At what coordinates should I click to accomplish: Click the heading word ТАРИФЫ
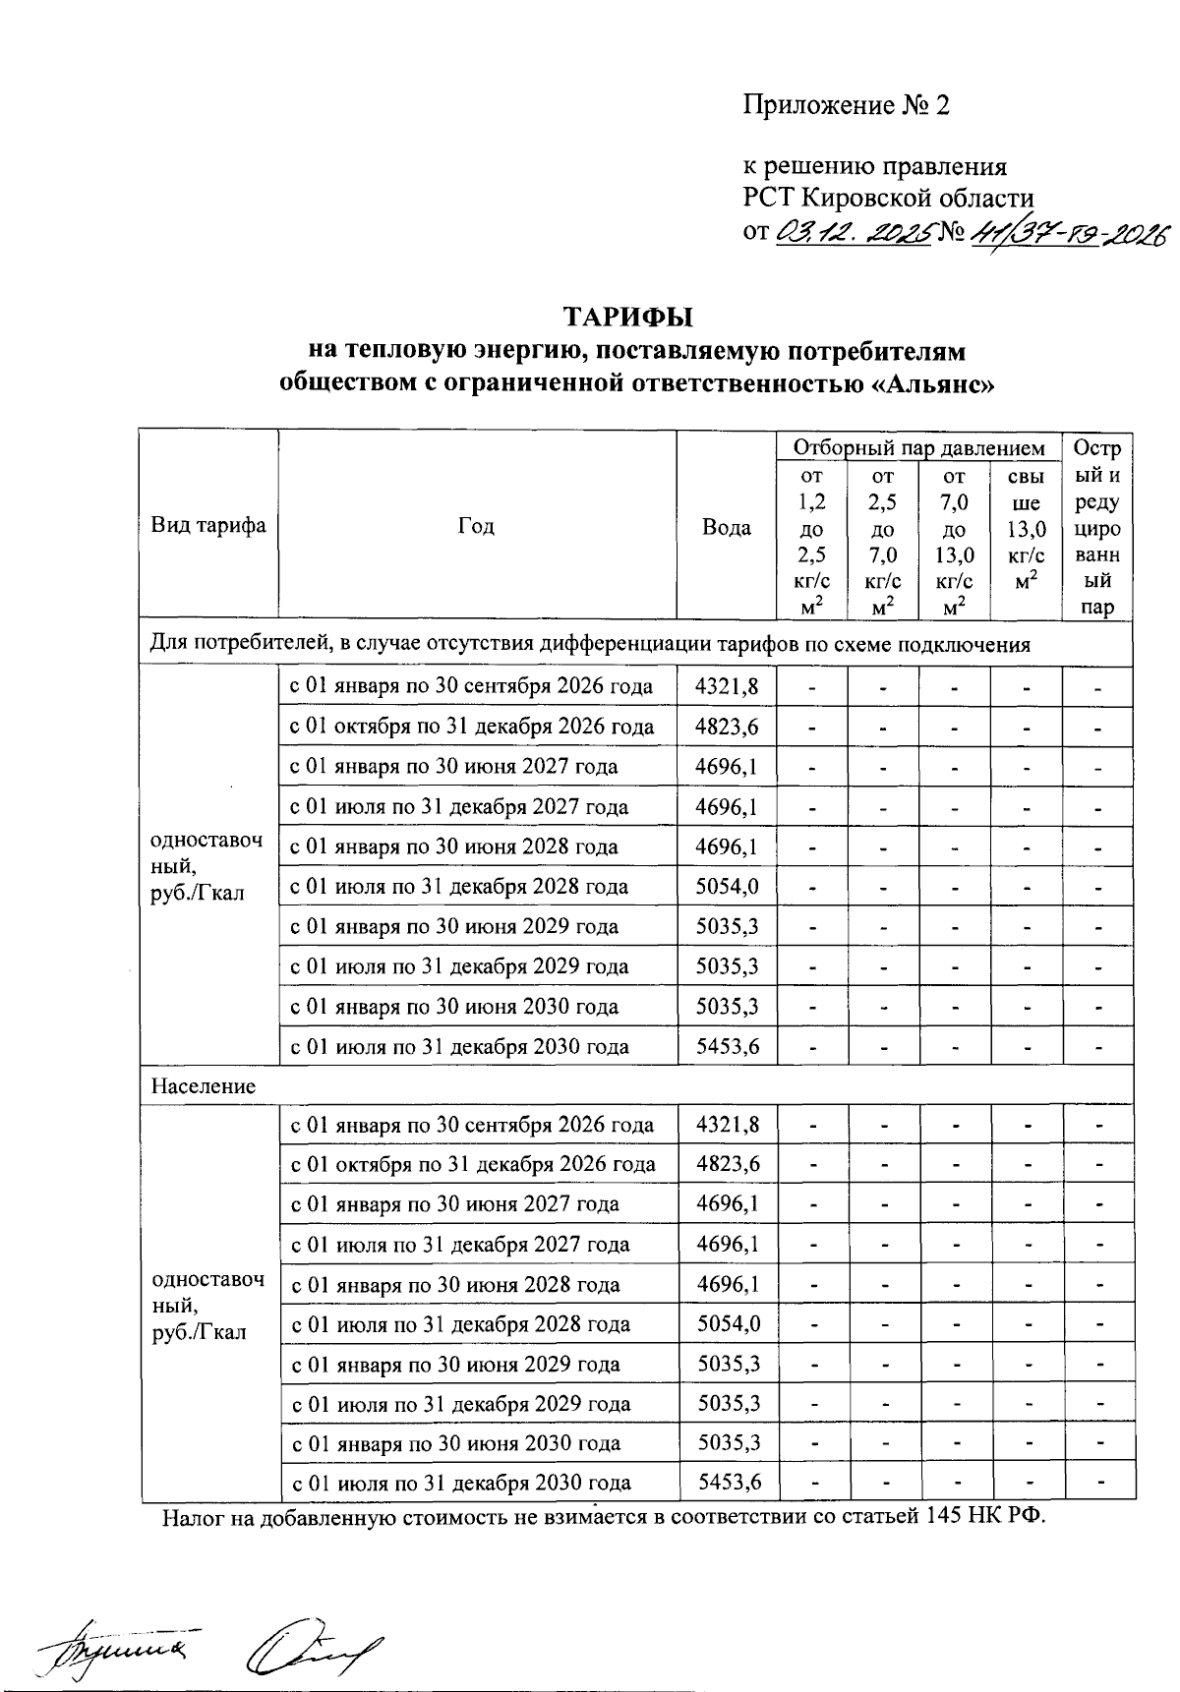point(627,317)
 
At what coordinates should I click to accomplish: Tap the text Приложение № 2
point(847,105)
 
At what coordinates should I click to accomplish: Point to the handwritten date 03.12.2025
point(853,234)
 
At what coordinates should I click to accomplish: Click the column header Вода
point(727,527)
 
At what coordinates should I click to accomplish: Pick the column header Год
point(477,526)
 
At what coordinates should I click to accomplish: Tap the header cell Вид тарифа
point(208,525)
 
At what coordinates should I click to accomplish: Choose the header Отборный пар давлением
point(918,448)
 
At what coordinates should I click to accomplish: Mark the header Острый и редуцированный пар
point(1097,527)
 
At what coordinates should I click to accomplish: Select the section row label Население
point(203,1086)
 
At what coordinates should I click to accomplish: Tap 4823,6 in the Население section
point(728,1164)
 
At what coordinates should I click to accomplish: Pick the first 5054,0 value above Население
point(728,887)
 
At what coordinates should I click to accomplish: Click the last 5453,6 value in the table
point(729,1483)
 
